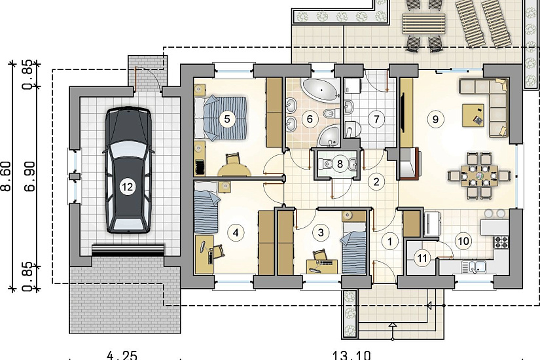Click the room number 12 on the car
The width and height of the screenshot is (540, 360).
click(127, 187)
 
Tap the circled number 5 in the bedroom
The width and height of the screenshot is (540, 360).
click(226, 119)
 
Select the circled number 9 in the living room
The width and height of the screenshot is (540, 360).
click(435, 119)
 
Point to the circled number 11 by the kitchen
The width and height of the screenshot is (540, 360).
click(422, 257)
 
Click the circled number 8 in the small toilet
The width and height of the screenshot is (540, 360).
click(340, 164)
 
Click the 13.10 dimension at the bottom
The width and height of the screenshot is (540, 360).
click(351, 355)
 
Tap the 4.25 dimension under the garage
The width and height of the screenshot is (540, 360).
click(122, 355)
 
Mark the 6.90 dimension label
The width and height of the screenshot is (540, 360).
click(29, 176)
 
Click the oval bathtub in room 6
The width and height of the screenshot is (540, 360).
click(319, 90)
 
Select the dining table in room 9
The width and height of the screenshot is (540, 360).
click(480, 176)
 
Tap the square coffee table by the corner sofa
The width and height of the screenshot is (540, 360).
click(473, 115)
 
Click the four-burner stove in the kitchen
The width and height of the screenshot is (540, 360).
click(501, 242)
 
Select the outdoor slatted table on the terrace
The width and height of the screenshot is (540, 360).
click(423, 24)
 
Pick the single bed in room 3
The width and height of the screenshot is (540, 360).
click(353, 248)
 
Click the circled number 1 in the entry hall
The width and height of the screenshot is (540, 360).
click(390, 241)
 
